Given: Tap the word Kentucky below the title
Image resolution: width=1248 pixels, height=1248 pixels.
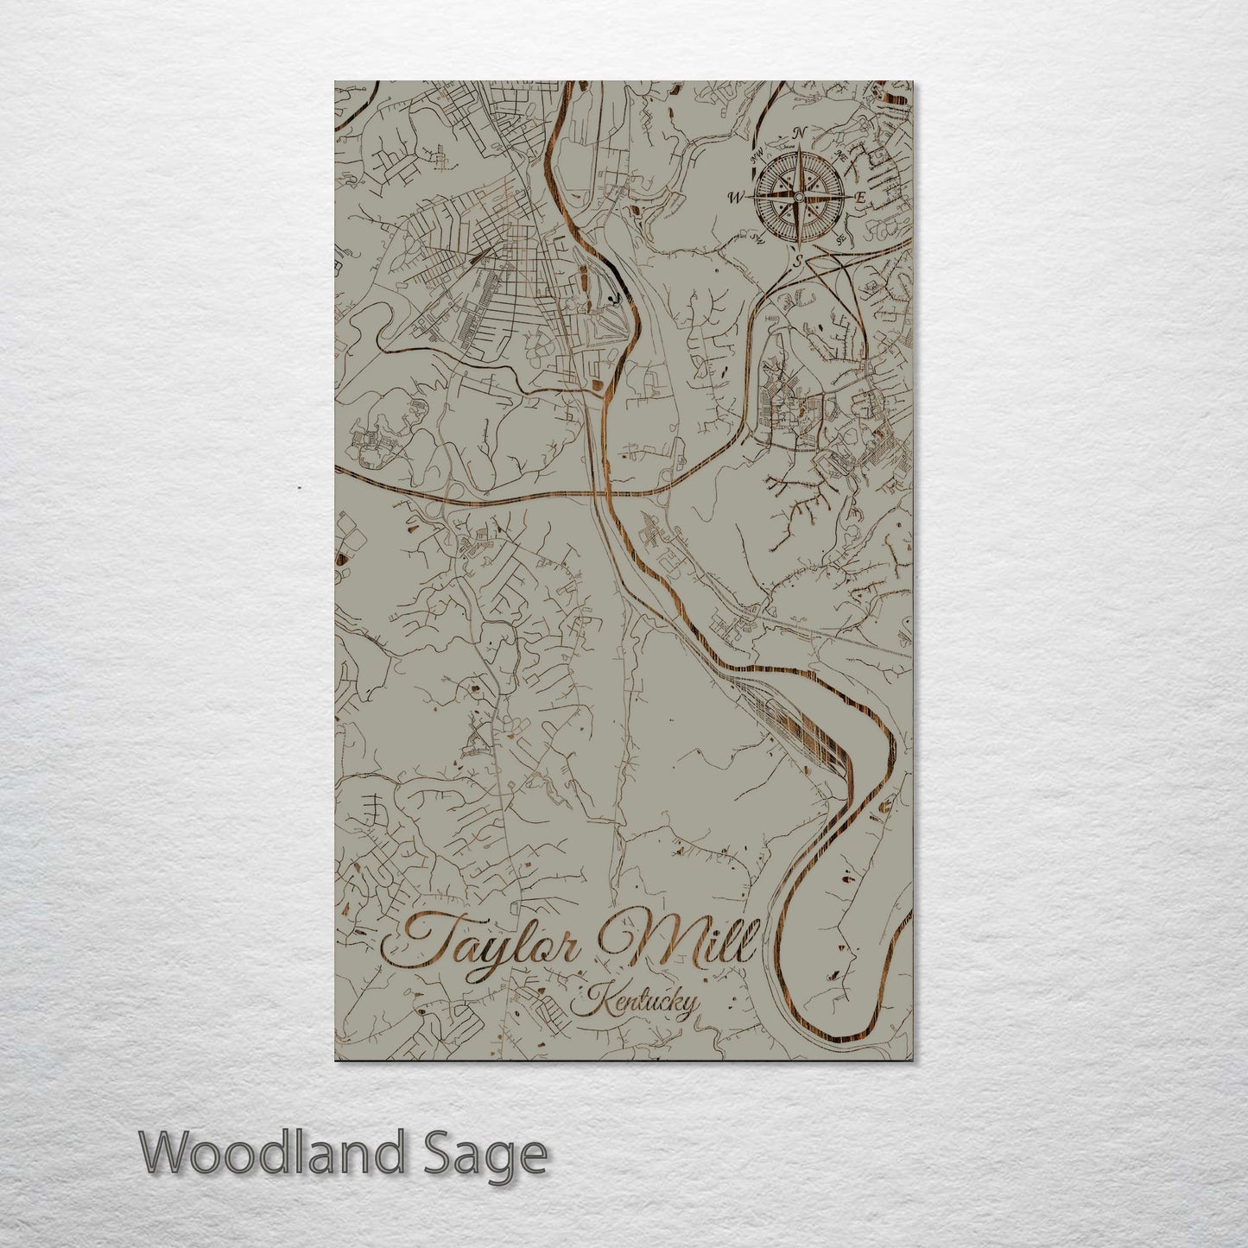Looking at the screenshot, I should (x=640, y=1004).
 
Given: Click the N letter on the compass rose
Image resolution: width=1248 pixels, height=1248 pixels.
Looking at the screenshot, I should (x=800, y=133).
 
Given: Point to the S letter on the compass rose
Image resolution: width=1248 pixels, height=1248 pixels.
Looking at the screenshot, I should (x=799, y=258).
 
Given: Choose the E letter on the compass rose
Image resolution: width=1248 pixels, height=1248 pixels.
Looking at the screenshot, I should (x=860, y=198).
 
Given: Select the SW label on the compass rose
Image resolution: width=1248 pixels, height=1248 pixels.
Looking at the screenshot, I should (x=758, y=237).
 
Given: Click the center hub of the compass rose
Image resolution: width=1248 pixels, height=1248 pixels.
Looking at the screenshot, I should (x=799, y=197).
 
